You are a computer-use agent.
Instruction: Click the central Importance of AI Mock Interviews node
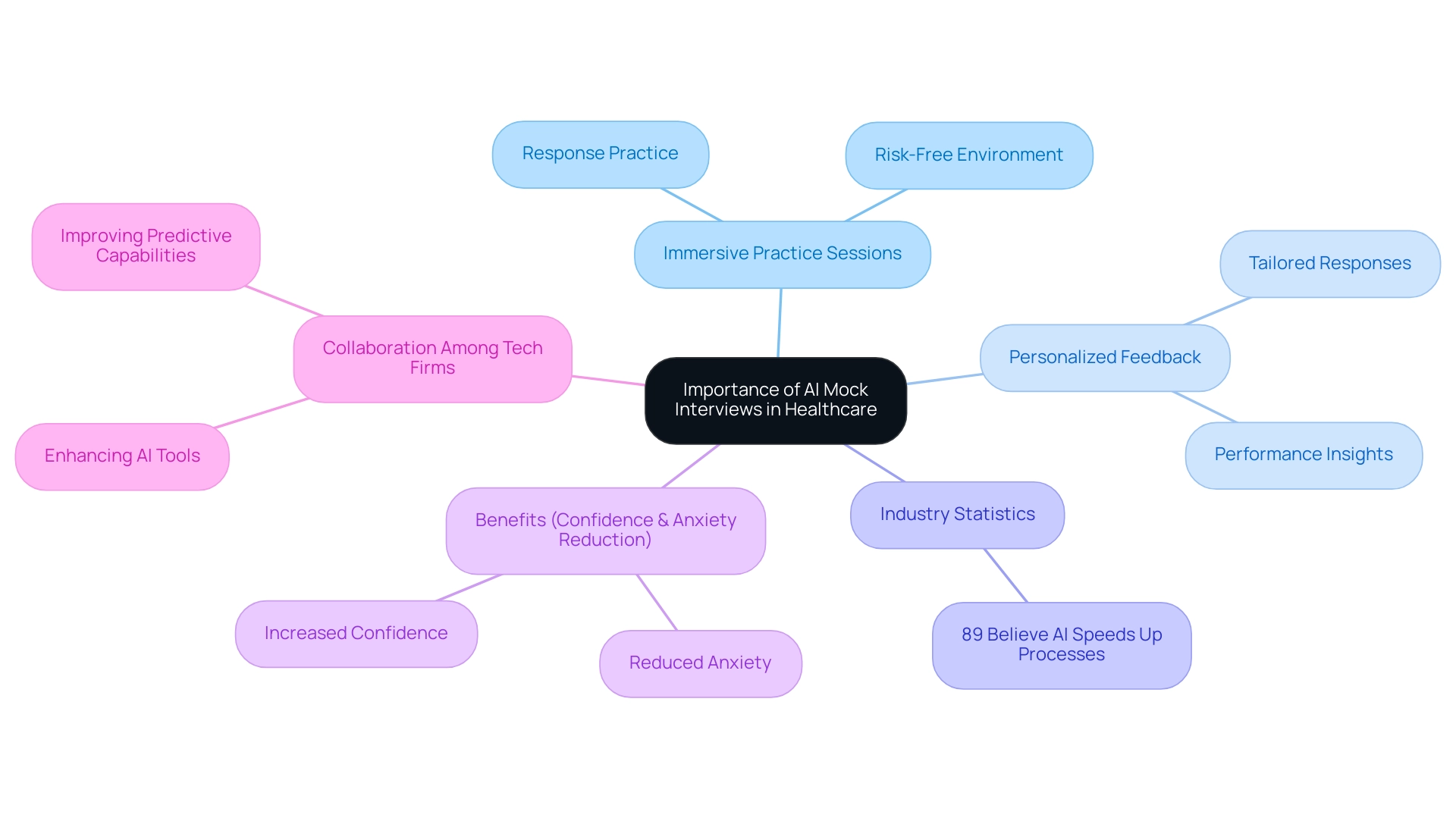click(775, 400)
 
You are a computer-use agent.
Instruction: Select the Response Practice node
click(600, 154)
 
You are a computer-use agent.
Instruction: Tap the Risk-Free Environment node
click(968, 155)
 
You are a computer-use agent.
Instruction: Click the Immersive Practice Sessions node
click(782, 254)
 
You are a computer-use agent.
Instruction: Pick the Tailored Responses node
click(1329, 264)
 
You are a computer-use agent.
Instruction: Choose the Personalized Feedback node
click(1104, 358)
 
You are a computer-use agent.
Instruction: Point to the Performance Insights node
click(1303, 455)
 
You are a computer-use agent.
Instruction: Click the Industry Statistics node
click(957, 515)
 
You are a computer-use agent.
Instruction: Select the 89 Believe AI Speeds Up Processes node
click(1061, 645)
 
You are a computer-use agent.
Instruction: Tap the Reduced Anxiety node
click(700, 663)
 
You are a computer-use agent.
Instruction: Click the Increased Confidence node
click(356, 634)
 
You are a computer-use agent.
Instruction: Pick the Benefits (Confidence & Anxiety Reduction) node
click(605, 531)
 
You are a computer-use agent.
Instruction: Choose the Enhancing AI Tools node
click(122, 456)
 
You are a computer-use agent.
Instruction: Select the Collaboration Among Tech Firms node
click(432, 359)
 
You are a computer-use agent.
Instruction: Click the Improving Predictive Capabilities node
click(146, 246)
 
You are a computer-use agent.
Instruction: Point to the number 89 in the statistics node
click(972, 635)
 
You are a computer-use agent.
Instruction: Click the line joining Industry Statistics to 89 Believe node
click(1006, 575)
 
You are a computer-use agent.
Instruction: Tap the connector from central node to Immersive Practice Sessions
click(780, 322)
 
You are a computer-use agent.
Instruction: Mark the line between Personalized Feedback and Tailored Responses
click(1217, 311)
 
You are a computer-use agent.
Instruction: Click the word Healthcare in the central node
click(830, 410)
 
